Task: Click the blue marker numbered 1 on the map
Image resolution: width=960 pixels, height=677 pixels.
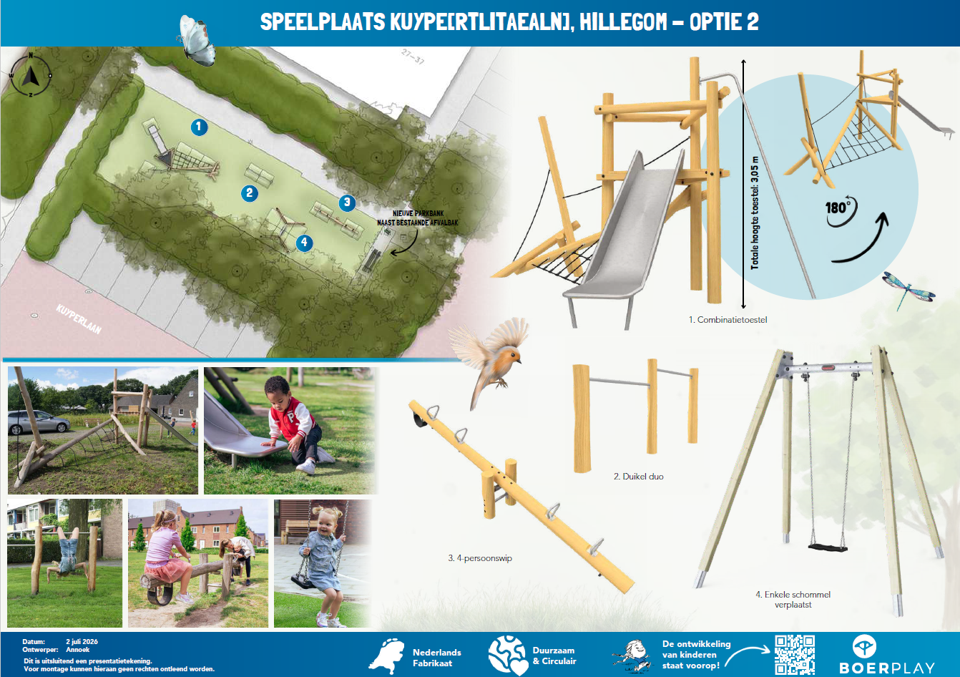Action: tap(199, 127)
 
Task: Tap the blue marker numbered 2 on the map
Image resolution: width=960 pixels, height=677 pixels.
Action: tap(250, 193)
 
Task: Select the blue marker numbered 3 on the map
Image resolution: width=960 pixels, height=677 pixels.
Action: tap(347, 203)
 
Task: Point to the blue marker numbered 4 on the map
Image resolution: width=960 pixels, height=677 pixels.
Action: tap(304, 243)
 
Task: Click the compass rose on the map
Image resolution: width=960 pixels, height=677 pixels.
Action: tap(31, 76)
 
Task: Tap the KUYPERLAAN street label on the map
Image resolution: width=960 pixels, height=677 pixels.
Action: tap(79, 319)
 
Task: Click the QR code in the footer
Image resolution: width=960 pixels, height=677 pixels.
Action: tap(795, 654)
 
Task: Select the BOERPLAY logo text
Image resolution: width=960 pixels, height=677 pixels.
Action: tap(887, 668)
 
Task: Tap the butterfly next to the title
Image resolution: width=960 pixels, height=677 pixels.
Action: tap(196, 41)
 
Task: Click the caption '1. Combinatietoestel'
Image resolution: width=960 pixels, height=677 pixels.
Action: tap(728, 320)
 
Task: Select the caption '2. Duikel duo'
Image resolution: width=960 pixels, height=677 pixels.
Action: tap(639, 477)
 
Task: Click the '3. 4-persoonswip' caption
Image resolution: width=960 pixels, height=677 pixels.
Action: tap(480, 558)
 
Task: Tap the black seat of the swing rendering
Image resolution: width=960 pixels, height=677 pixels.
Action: tap(828, 547)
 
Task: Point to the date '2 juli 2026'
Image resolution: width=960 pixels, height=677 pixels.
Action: tap(82, 642)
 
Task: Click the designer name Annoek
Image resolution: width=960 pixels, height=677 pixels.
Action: tap(77, 650)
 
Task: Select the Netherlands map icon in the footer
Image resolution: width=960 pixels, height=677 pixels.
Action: tap(386, 656)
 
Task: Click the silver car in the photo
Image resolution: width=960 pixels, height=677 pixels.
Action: tap(39, 422)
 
